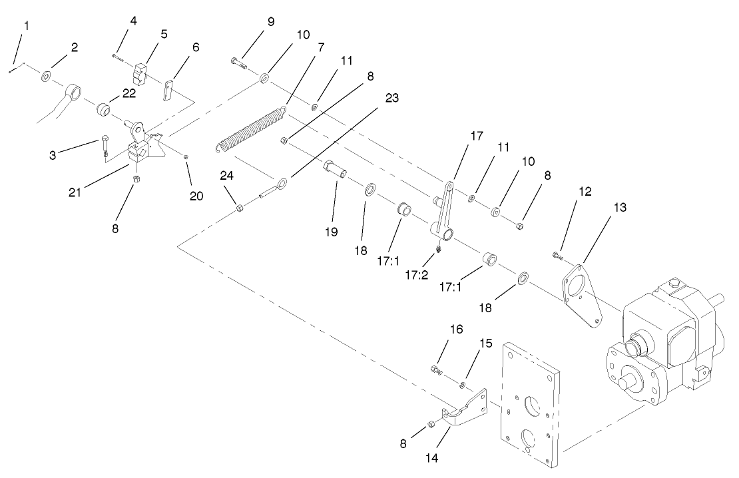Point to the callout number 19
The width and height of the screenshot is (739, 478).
click(332, 232)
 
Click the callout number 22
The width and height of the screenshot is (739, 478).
click(128, 93)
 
